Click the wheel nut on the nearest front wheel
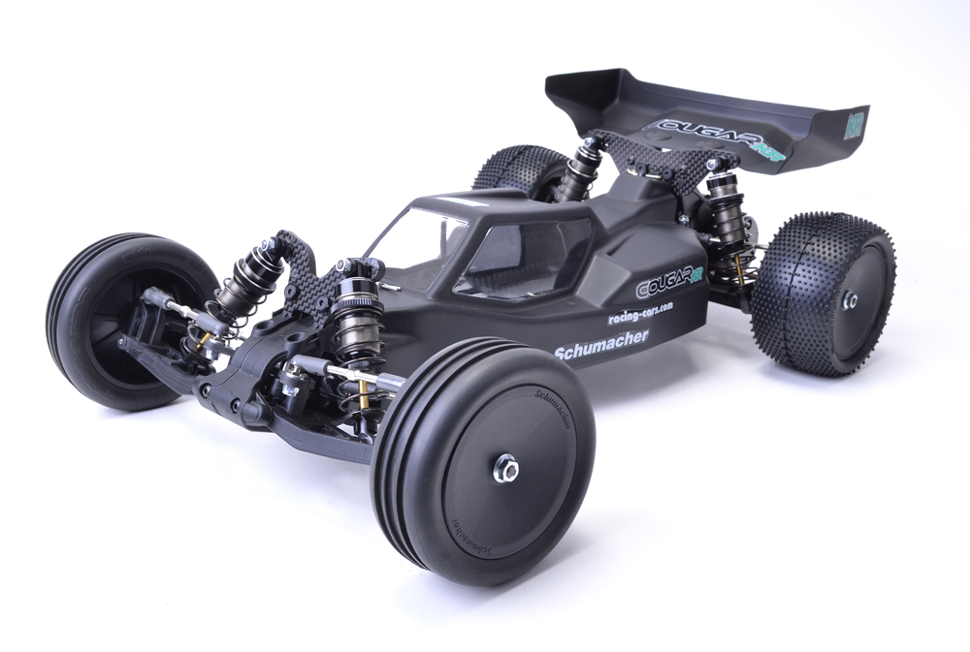(x=505, y=470)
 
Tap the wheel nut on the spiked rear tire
(x=850, y=300)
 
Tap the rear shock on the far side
(x=582, y=170)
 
